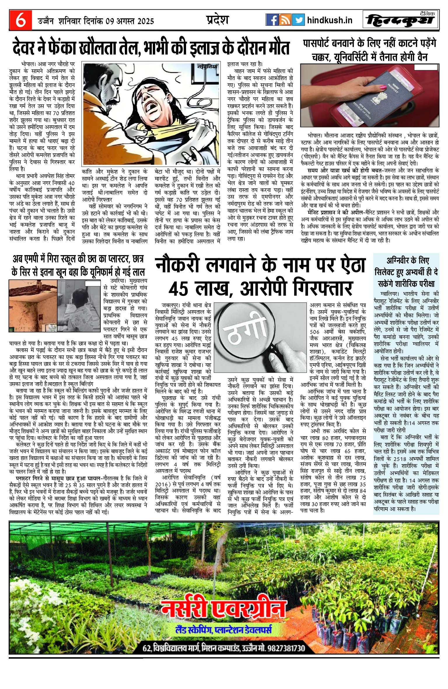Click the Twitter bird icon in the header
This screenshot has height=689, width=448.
pyautogui.click(x=298, y=20)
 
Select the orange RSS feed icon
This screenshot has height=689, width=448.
pyautogui.click(x=285, y=20)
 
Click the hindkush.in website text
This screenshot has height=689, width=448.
pyautogui.click(x=330, y=20)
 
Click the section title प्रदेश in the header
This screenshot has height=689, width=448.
pyautogui.click(x=217, y=20)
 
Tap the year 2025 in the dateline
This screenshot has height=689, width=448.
pyautogui.click(x=146, y=21)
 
